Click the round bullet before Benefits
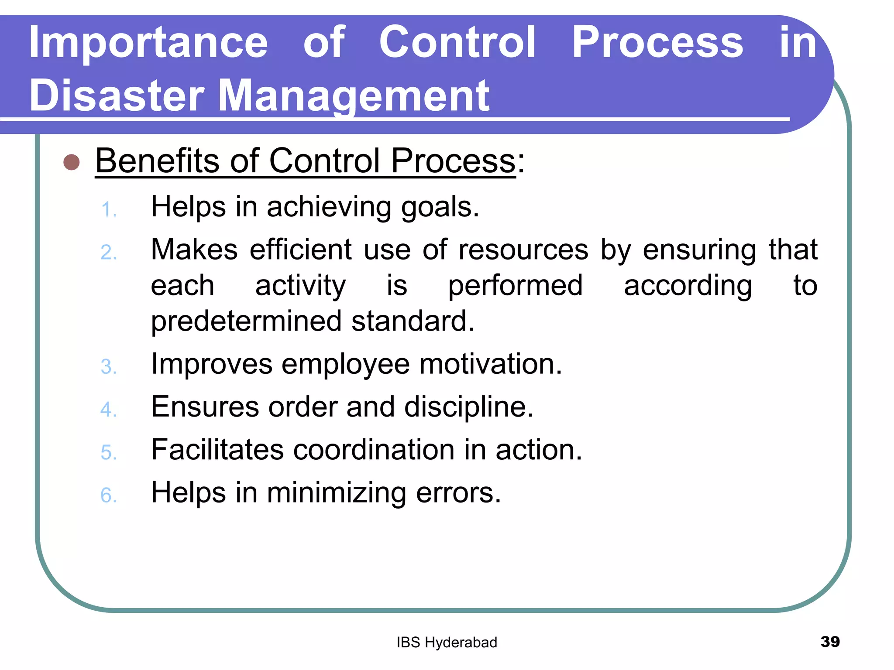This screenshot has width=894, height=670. click(72, 162)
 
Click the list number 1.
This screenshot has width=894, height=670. click(108, 210)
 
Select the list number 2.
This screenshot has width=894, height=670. click(109, 253)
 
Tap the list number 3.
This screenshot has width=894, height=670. click(109, 366)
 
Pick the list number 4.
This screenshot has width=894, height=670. click(109, 410)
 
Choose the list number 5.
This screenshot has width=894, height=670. click(109, 452)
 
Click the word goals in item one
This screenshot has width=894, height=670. click(440, 208)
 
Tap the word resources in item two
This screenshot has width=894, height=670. click(523, 250)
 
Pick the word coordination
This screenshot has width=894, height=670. click(374, 450)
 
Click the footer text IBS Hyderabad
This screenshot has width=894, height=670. click(447, 643)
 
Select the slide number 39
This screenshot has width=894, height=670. click(830, 642)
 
